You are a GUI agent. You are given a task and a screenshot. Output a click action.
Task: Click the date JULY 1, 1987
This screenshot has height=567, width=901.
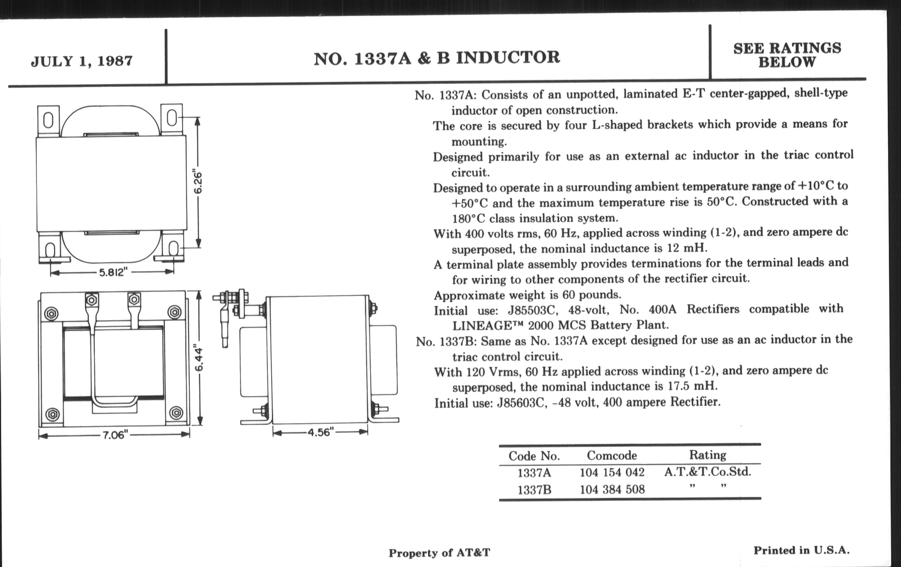point(82,61)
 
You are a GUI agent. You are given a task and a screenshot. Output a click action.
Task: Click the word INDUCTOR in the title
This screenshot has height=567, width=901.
point(508,58)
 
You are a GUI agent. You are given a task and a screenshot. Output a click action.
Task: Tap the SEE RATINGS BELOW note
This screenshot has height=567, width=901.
point(787,55)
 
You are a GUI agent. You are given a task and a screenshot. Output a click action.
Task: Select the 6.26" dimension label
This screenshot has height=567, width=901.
point(198,183)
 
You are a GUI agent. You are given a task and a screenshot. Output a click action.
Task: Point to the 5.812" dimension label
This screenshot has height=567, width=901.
point(111,272)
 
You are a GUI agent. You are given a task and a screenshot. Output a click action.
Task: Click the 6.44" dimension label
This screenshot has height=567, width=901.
point(199,359)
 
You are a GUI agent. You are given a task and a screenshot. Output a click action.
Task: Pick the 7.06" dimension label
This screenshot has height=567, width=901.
point(115,435)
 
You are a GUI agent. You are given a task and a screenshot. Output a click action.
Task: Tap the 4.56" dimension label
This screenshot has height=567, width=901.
point(320,432)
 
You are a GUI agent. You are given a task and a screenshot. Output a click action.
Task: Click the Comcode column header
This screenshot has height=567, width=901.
point(612,455)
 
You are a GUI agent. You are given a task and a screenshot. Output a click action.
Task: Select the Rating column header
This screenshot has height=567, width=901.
point(708,455)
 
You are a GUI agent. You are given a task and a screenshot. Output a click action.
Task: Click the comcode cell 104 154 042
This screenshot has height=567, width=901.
point(612,472)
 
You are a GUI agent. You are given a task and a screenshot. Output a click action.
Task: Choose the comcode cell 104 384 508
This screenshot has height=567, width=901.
point(612,489)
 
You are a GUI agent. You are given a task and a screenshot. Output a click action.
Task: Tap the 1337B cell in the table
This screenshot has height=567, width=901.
point(534,490)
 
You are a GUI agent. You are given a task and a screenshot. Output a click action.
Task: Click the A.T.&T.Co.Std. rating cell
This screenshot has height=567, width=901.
point(708,471)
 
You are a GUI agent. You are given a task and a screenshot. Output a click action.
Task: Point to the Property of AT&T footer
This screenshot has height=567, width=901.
point(439,553)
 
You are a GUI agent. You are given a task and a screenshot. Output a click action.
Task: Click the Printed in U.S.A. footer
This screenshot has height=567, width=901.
point(801,550)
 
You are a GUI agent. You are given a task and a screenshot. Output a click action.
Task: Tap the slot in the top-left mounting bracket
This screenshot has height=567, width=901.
point(48,120)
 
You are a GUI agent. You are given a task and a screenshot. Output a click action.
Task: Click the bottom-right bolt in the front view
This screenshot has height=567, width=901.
point(176,413)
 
